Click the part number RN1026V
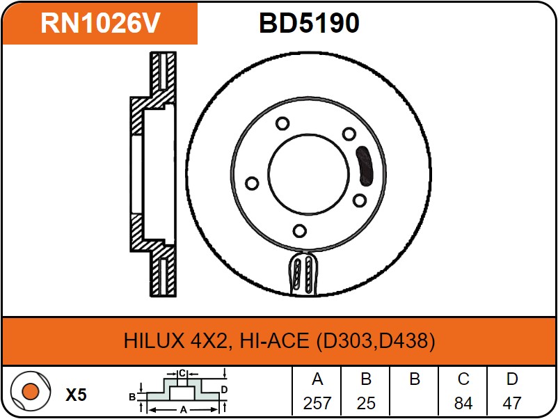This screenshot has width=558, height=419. click(100, 24)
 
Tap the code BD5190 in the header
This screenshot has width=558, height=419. click(309, 24)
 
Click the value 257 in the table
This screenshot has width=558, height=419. click(317, 402)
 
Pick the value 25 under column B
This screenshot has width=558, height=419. click(365, 402)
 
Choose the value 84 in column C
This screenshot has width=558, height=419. click(463, 402)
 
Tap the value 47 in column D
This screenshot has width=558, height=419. click(511, 402)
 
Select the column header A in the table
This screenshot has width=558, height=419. click(317, 379)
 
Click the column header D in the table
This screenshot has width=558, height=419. click(511, 379)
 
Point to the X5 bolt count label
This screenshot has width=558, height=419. click(76, 395)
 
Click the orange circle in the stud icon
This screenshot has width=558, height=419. click(30, 392)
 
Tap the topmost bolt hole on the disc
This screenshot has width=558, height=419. click(282, 124)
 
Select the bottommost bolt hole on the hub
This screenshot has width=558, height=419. click(299, 231)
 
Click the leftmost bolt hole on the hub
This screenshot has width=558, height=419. click(252, 184)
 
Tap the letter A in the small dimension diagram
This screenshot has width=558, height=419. click(184, 411)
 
